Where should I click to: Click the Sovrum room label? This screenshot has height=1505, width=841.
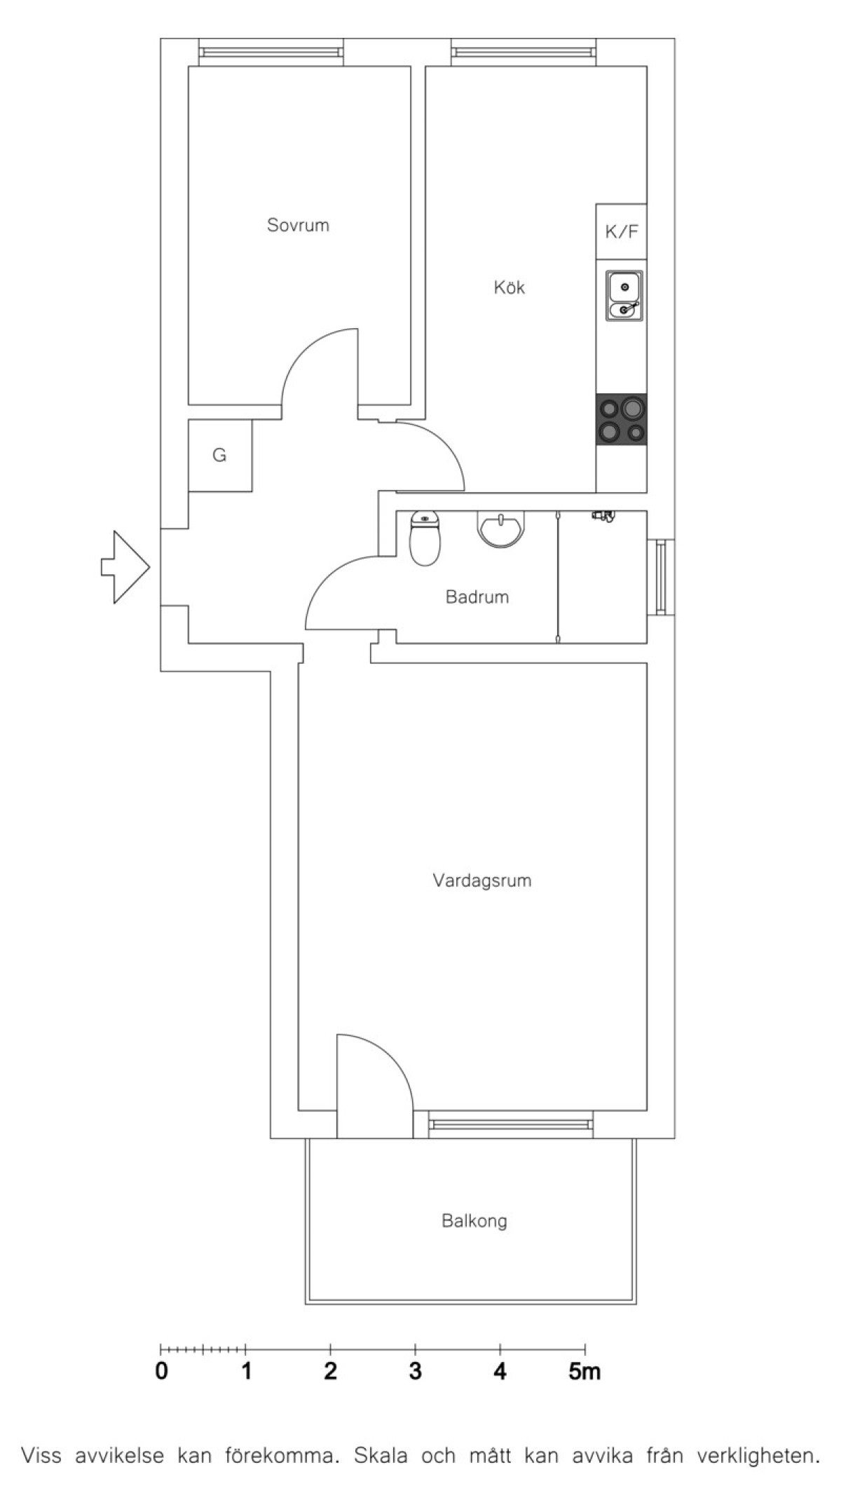pos(298,225)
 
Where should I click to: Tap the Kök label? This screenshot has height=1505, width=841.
pos(510,287)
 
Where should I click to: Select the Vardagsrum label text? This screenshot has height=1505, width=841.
pos(482,880)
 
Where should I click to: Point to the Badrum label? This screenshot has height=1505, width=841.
pos(477,597)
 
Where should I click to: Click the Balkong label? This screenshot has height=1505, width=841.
pos(474,1221)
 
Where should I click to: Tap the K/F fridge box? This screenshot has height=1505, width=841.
pos(621,231)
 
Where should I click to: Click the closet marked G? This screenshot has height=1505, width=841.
pos(220,456)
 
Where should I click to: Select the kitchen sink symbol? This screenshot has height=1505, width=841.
pos(624,295)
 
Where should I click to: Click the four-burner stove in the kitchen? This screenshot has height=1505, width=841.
pos(622,419)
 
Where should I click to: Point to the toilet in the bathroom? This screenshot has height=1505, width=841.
pos(425,538)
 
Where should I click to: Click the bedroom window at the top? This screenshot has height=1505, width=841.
pos(271,53)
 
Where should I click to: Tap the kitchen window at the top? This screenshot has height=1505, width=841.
pos(524,53)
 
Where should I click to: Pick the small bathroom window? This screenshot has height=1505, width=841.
pos(660,578)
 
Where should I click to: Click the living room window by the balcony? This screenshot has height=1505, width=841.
pos(510,1124)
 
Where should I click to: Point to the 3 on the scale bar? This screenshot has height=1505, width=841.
pos(416,1370)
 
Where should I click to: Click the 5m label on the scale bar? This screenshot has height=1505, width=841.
pos(584,1370)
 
